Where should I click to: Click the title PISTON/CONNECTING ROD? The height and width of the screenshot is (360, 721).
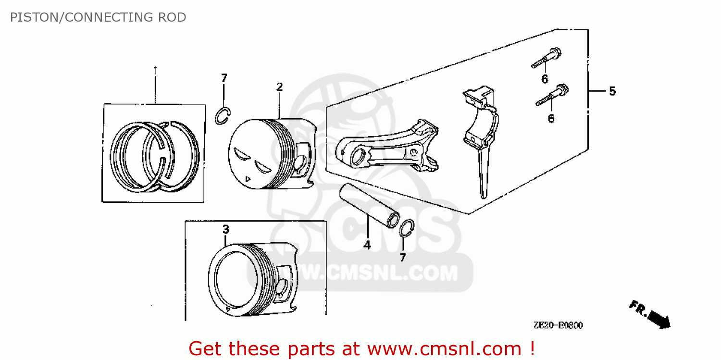(98, 17)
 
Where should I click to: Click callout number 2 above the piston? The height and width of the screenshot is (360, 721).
(279, 87)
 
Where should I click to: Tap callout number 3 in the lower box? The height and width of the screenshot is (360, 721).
(226, 229)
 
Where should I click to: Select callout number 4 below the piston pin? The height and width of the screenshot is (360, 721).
(367, 245)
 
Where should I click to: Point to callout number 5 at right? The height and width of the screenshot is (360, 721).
(612, 91)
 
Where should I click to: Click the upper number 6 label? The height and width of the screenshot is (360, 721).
(545, 79)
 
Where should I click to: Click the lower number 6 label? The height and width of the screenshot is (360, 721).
(551, 119)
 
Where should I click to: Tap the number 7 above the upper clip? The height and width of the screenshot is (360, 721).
(224, 78)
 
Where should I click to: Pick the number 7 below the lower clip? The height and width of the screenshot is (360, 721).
(403, 257)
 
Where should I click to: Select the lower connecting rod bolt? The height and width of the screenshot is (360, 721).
(552, 95)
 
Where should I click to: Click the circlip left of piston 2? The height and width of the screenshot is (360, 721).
(223, 115)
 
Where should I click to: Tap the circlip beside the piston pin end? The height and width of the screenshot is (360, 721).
(407, 228)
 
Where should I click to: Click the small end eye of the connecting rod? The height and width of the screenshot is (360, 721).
(357, 158)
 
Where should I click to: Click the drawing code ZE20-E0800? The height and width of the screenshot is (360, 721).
(558, 325)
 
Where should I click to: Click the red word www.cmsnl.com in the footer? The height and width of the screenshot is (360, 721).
(445, 349)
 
